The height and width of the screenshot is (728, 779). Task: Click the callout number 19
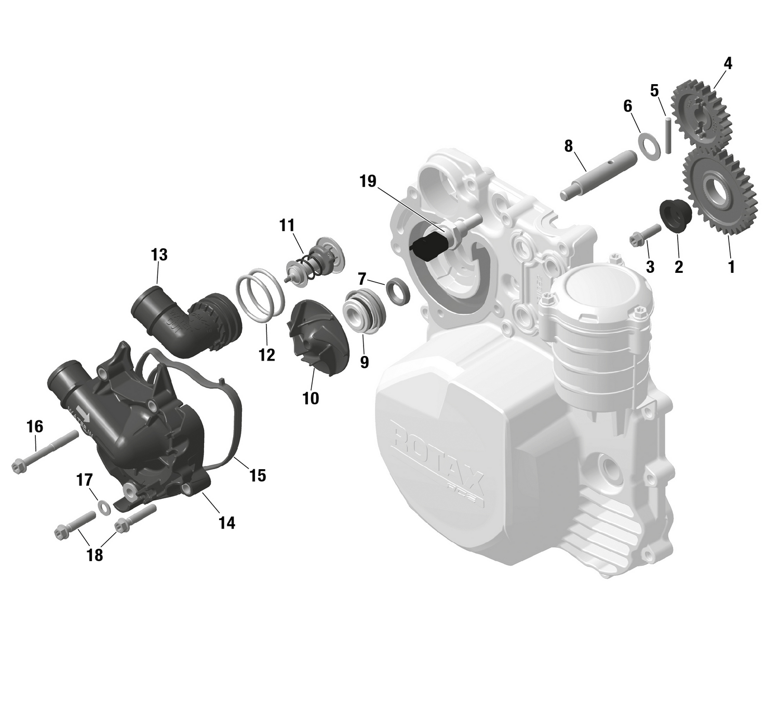pyautogui.click(x=368, y=181)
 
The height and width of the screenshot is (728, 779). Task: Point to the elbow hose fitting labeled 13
pyautogui.click(x=182, y=322)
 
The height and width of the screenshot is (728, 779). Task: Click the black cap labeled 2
pyautogui.click(x=675, y=214)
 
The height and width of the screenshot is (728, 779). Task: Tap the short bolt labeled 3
pyautogui.click(x=643, y=237)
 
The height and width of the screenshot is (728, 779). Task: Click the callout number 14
pyautogui.click(x=227, y=523)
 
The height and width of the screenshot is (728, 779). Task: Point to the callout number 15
pyautogui.click(x=258, y=475)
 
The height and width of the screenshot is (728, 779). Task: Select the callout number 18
pyautogui.click(x=95, y=555)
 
